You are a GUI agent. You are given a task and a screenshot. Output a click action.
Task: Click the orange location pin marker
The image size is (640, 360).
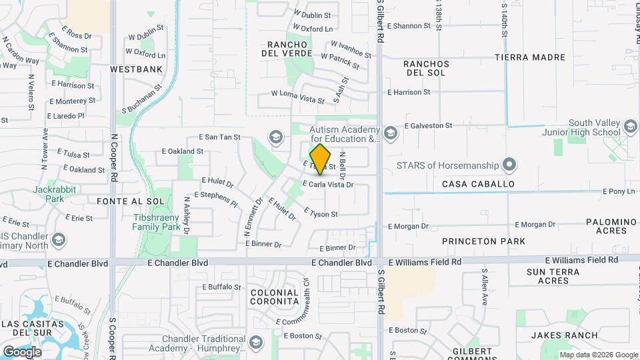pyautogui.click(x=321, y=159)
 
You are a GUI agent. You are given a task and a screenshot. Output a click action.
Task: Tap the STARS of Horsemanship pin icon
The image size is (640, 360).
pyautogui.click(x=509, y=164)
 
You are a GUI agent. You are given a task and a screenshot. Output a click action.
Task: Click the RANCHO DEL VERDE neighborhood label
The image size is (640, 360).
pyautogui.click(x=287, y=48)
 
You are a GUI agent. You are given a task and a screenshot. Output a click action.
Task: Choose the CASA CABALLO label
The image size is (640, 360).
pyautogui.click(x=478, y=183)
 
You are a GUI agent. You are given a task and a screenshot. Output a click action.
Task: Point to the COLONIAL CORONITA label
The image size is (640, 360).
pyautogui.click(x=274, y=297)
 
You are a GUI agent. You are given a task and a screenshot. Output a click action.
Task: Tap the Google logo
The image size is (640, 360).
pyautogui.click(x=22, y=351)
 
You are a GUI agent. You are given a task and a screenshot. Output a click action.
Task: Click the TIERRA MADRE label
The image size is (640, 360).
pyautogui.click(x=530, y=57)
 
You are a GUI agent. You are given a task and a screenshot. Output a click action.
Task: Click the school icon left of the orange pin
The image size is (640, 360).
pyautogui.click(x=275, y=137)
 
